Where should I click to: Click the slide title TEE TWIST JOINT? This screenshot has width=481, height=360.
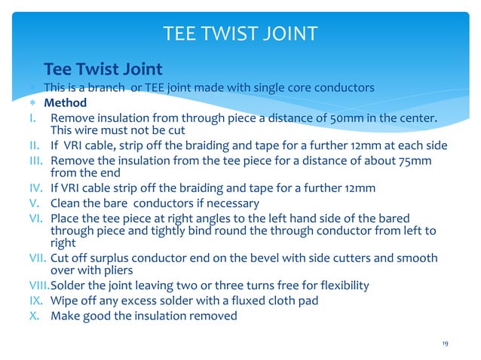click(240, 33)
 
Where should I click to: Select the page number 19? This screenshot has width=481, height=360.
click(446, 343)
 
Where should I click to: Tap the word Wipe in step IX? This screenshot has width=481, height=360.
click(64, 301)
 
